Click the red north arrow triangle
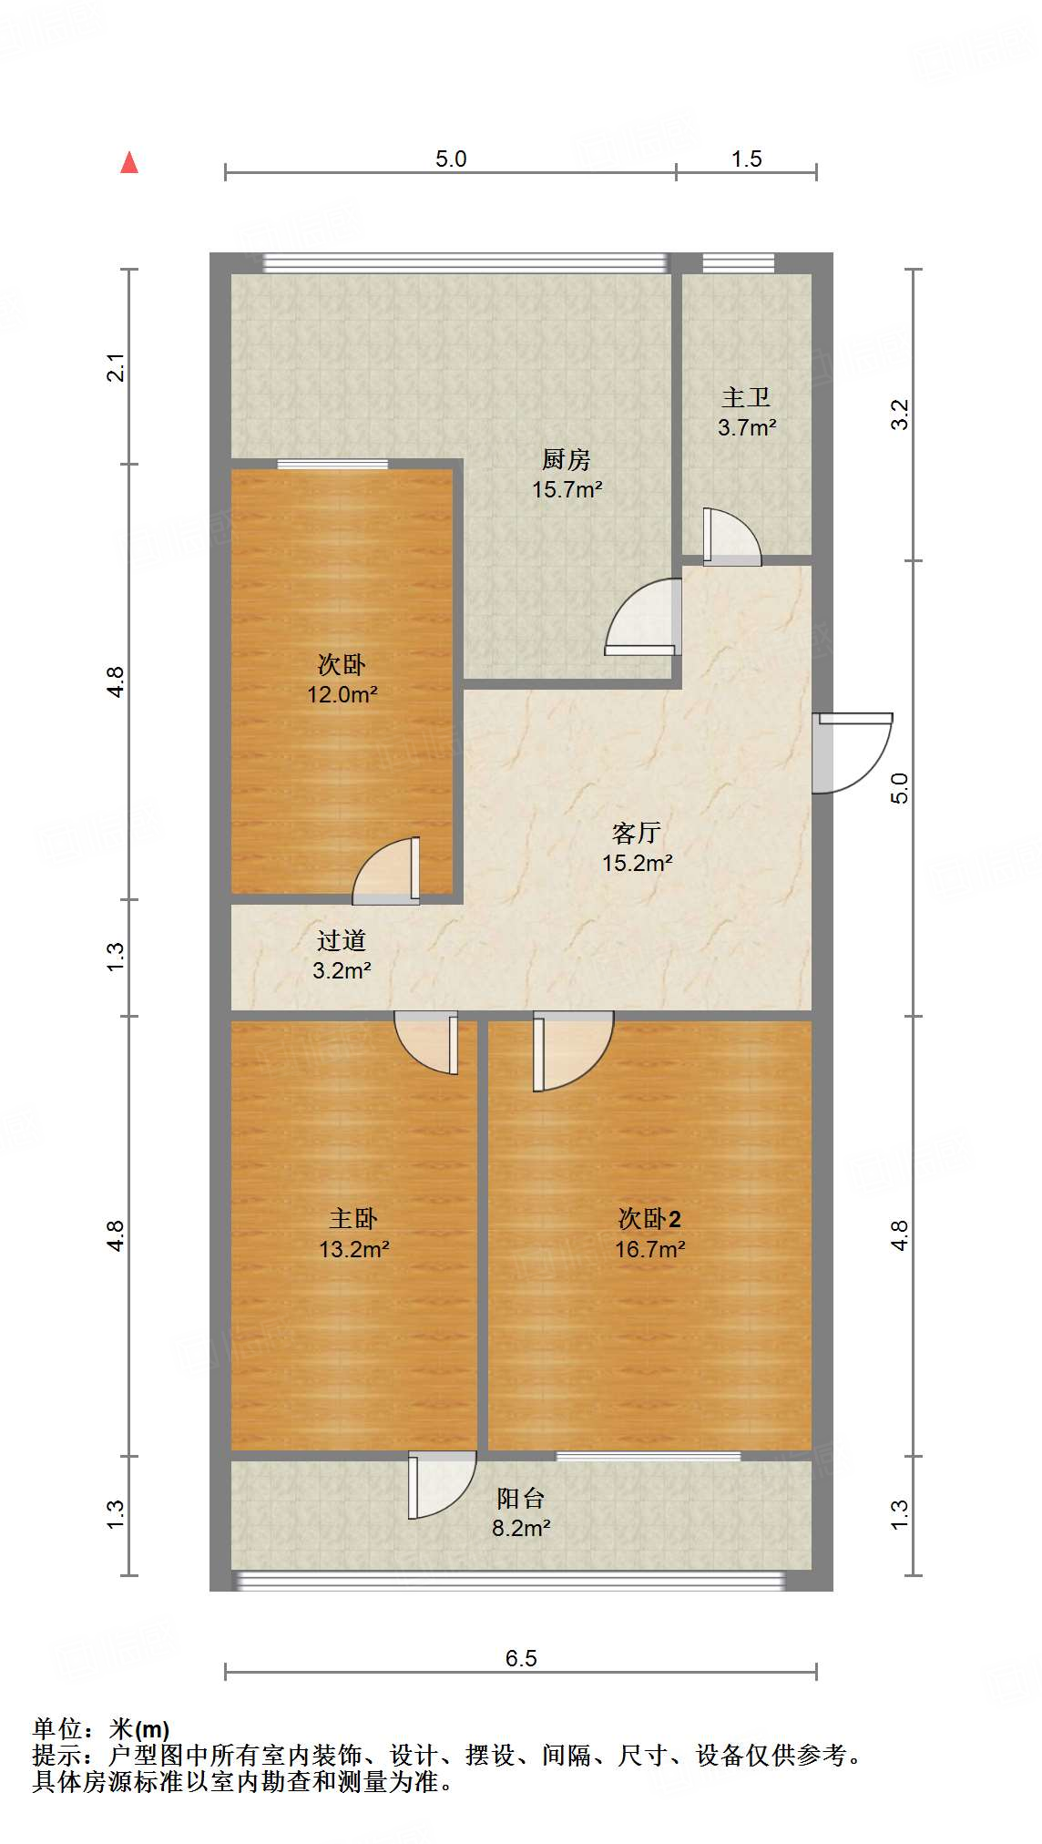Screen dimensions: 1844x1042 129,163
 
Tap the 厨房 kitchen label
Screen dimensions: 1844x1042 566,459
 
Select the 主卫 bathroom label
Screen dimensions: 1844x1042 746,397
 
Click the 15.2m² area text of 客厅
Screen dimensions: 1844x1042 637,863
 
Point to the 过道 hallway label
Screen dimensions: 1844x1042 342,940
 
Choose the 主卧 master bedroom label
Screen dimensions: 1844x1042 353,1219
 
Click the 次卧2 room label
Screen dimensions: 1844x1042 649,1219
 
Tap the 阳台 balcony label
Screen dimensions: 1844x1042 520,1499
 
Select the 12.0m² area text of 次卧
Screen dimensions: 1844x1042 342,694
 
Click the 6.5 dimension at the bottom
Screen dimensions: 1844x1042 521,1658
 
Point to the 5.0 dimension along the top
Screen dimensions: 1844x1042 450,159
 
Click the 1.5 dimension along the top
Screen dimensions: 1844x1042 746,159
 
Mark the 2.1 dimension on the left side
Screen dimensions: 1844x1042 116,366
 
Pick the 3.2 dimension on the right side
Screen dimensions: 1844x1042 899,415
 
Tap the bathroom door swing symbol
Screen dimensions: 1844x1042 731,538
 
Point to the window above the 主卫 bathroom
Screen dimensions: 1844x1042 738,263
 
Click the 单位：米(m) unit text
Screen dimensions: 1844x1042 101,1728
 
